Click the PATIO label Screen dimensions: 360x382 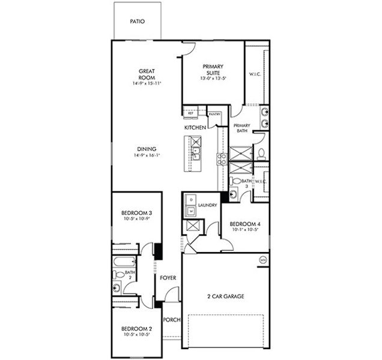(137, 22)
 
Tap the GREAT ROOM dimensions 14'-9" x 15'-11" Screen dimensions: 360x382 (147, 83)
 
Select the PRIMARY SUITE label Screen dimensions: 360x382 (213, 69)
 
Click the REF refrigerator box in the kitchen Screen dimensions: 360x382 (191, 113)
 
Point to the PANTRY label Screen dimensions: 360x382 (214, 113)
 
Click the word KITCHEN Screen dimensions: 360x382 (196, 128)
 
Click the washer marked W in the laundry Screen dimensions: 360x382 (191, 211)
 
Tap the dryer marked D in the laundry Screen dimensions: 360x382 (191, 200)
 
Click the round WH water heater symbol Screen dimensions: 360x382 (262, 260)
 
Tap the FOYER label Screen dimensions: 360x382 (168, 278)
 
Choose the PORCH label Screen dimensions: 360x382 (171, 320)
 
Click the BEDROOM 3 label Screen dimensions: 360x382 (136, 214)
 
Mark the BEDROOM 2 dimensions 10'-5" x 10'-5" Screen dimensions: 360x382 (136, 335)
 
